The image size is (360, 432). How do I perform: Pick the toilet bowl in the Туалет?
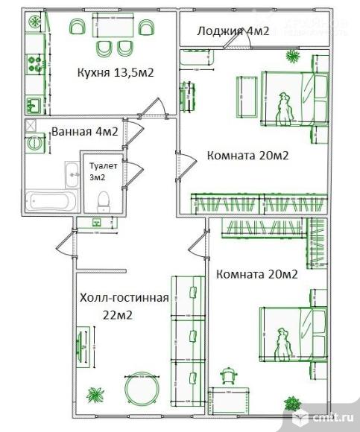point(104,199)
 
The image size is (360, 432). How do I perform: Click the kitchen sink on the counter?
point(34,104)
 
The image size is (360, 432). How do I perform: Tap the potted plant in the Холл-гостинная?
point(95,395)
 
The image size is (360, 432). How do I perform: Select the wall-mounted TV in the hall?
point(80,346)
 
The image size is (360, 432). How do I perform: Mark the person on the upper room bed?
point(283,104)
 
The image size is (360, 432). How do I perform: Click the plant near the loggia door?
point(291,56)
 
